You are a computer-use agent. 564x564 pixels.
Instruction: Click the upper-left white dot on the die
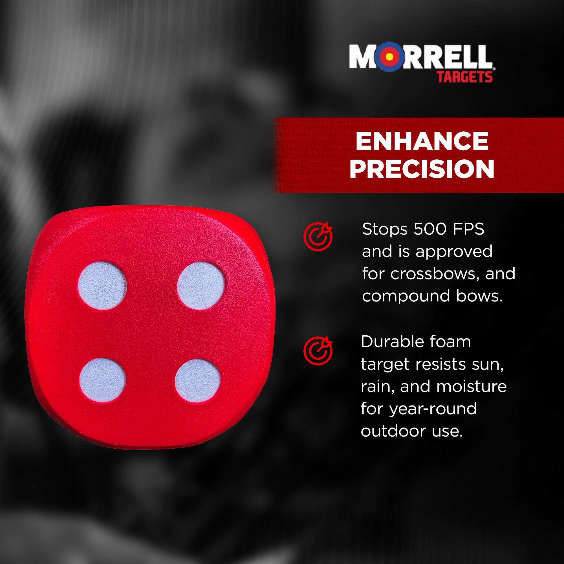click(102, 285)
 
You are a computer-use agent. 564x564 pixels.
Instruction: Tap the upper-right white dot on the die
click(201, 285)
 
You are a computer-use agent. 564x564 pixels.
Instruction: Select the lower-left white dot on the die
click(102, 380)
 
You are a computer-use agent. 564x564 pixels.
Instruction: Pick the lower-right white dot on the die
click(198, 381)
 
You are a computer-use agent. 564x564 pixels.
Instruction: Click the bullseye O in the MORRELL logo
click(389, 57)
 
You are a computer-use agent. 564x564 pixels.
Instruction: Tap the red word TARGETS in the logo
click(464, 77)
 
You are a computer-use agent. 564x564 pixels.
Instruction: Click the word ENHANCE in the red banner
click(422, 142)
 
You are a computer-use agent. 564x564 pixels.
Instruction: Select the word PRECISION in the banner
click(422, 169)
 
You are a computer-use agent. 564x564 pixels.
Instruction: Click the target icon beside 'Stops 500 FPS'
click(318, 237)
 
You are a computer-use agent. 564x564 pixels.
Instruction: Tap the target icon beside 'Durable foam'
click(318, 351)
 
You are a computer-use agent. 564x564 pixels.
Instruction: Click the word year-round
click(433, 409)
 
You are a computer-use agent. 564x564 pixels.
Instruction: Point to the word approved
click(454, 251)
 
